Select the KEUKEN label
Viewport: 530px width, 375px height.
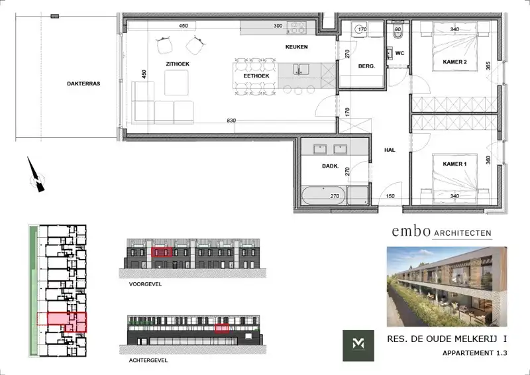pyautogui.click(x=296, y=47)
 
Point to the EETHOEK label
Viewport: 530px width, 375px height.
pyautogui.click(x=255, y=76)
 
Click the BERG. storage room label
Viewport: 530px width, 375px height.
pyautogui.click(x=366, y=66)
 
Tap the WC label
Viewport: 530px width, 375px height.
pyautogui.click(x=399, y=53)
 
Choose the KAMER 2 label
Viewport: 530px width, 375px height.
pyautogui.click(x=455, y=62)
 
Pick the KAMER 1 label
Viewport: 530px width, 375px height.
pyautogui.click(x=455, y=163)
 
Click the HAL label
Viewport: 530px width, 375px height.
pyautogui.click(x=390, y=150)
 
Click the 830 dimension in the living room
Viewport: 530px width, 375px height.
pyautogui.click(x=231, y=120)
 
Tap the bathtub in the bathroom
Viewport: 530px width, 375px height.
pyautogui.click(x=325, y=196)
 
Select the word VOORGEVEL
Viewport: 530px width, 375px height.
pyautogui.click(x=146, y=284)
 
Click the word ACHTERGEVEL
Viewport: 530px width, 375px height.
pyautogui.click(x=149, y=361)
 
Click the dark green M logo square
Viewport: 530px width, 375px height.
pyautogui.click(x=358, y=345)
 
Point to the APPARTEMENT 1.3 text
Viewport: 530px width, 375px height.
pyautogui.click(x=475, y=353)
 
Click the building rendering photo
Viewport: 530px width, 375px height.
pyautogui.click(x=446, y=286)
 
